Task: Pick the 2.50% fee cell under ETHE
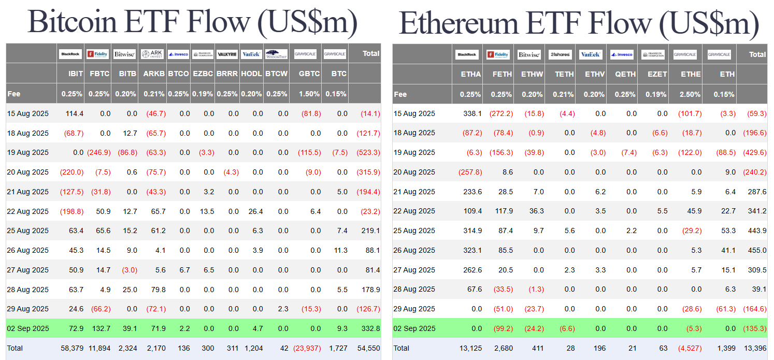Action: pyautogui.click(x=691, y=94)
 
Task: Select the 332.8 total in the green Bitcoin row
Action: pyautogui.click(x=369, y=328)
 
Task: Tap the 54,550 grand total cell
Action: pyautogui.click(x=368, y=348)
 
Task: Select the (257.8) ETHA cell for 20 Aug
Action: pyautogui.click(x=470, y=172)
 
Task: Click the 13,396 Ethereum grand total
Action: pyautogui.click(x=755, y=348)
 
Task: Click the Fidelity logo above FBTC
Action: pyautogui.click(x=98, y=53)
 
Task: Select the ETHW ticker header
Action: pyautogui.click(x=532, y=74)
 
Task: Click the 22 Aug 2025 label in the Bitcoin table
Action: pyautogui.click(x=28, y=211)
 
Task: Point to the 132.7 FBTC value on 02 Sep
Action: pyautogui.click(x=100, y=328)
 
